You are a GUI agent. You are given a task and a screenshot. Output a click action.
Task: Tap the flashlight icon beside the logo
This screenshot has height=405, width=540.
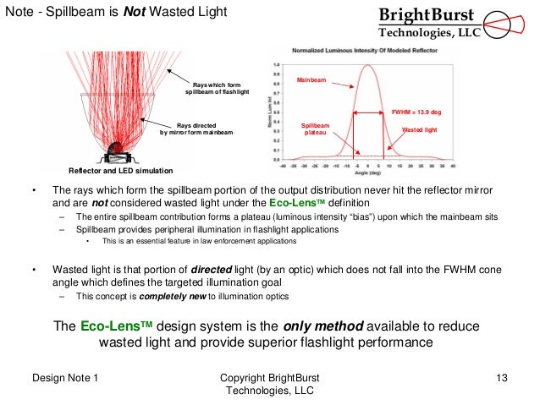tap(510, 23)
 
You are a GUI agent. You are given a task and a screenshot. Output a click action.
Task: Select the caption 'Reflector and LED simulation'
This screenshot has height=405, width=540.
tap(108, 169)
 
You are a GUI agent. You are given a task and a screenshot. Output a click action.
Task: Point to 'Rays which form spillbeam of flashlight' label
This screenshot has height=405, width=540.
tap(218, 89)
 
